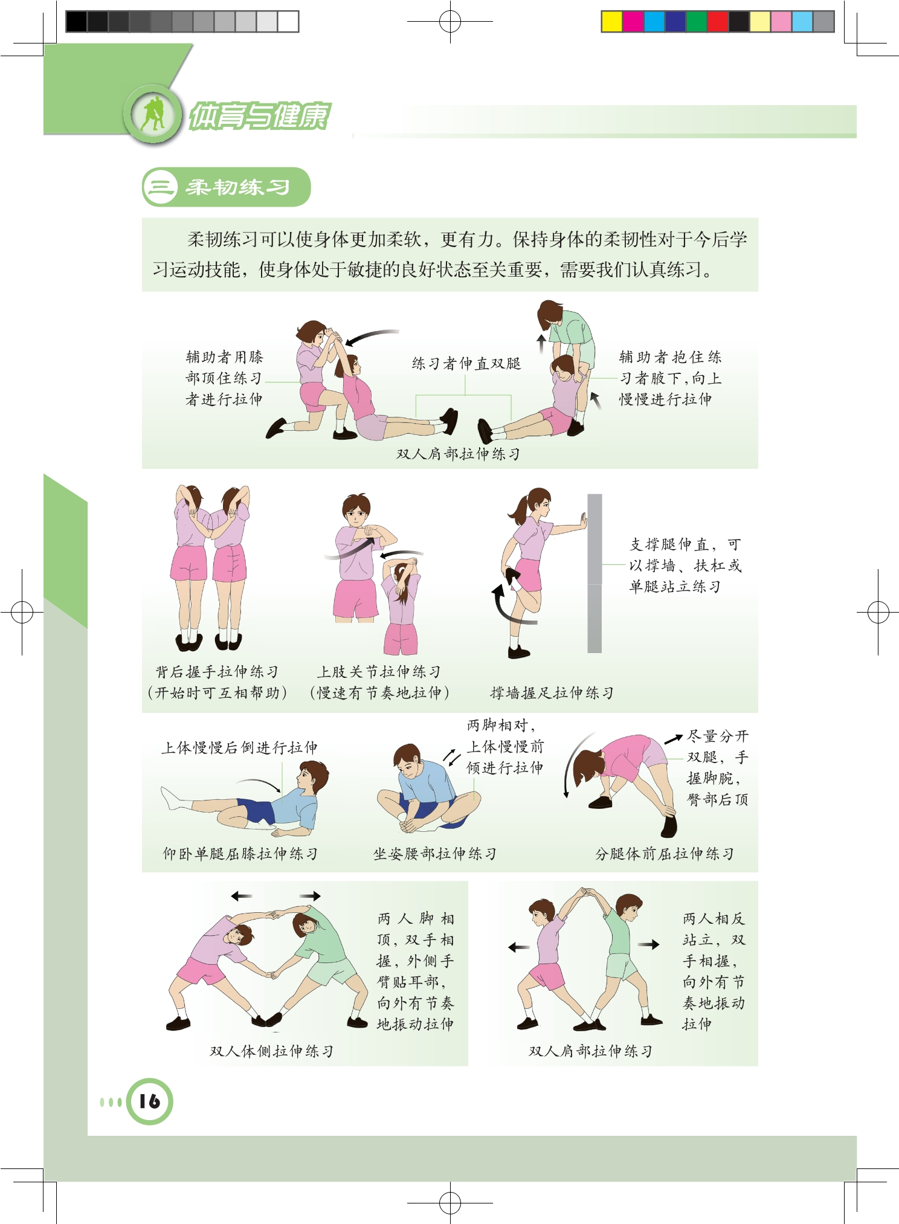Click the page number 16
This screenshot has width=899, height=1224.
coord(149,1101)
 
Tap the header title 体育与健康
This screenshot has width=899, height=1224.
coord(260,116)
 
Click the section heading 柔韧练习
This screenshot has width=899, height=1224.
coord(237,187)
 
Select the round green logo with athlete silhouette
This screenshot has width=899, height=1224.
coord(153,115)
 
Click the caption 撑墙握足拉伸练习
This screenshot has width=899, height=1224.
coord(552,693)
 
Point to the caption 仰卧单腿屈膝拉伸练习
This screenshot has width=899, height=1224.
coord(240,854)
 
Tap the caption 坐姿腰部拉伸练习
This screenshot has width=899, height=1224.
coord(434,854)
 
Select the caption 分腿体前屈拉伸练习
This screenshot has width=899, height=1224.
coord(664,854)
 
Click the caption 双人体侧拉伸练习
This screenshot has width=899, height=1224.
coord(271,1051)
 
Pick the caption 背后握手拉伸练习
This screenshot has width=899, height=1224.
coord(217,672)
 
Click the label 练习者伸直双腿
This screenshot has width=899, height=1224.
coord(466,363)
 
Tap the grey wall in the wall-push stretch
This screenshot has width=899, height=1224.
coord(594,573)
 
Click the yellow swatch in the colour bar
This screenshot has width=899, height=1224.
coord(611,22)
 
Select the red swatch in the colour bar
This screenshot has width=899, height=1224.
coord(717,22)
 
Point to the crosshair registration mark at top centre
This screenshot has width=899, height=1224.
coord(450,22)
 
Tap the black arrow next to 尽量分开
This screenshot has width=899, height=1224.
coord(674,739)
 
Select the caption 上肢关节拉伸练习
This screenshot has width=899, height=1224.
coord(379,672)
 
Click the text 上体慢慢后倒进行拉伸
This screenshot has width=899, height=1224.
coord(239,748)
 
